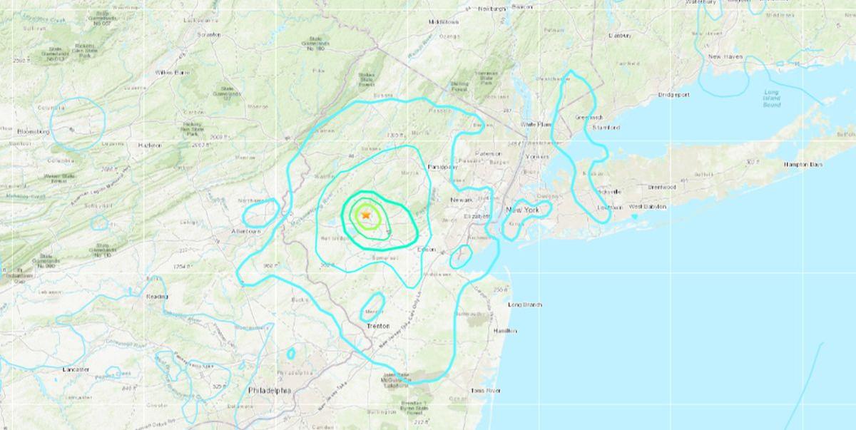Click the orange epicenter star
366,214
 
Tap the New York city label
522,210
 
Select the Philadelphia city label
270,391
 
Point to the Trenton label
378,326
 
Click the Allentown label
246,232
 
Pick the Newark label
462,200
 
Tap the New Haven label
725,56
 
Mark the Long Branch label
524,304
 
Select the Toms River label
486,391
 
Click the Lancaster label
76,369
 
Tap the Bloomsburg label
33,131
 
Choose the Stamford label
605,128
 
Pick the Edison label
426,249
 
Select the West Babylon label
647,207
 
